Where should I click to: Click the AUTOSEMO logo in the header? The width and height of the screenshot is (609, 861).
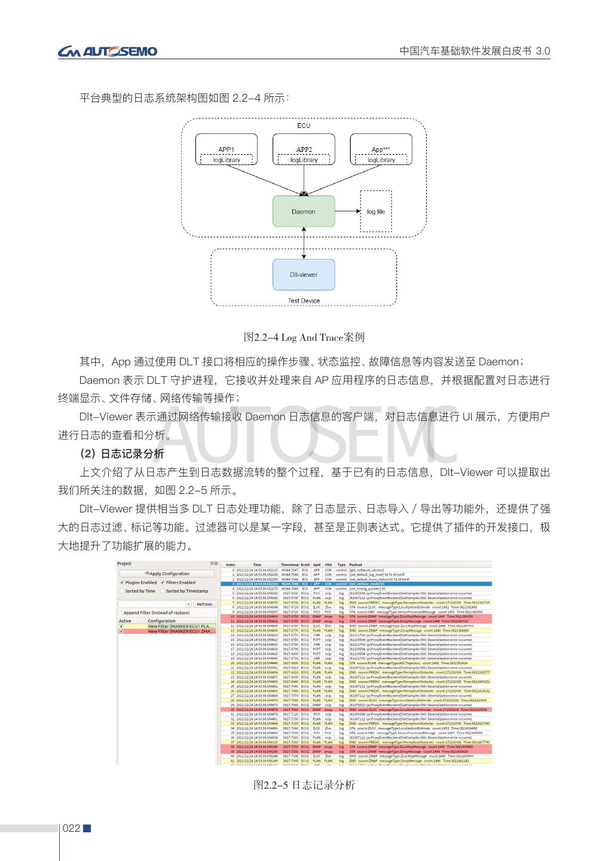pos(108,51)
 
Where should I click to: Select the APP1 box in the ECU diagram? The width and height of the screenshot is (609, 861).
pos(226,149)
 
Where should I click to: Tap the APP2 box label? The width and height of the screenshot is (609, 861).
pos(304,149)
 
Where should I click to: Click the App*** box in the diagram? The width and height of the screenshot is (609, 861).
pos(381,149)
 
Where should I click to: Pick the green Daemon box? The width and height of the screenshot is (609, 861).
pos(304,211)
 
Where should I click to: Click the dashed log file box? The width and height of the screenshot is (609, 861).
pos(376,211)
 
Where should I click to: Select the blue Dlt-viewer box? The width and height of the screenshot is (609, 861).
pos(304,274)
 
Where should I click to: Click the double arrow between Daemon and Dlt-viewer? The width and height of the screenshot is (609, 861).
pos(304,243)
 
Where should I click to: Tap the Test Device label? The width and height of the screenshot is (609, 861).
pos(304,301)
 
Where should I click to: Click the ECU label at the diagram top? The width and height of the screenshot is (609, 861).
pos(304,126)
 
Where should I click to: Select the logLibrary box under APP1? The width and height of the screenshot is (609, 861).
pos(227,160)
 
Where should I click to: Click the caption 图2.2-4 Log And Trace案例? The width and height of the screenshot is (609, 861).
pos(304,338)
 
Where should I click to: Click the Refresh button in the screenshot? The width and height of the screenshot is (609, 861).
pos(204,604)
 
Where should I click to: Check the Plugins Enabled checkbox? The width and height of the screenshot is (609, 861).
pos(123,582)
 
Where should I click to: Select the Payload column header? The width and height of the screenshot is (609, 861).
pos(356,564)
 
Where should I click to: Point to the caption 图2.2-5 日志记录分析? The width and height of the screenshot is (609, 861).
pos(304,784)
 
